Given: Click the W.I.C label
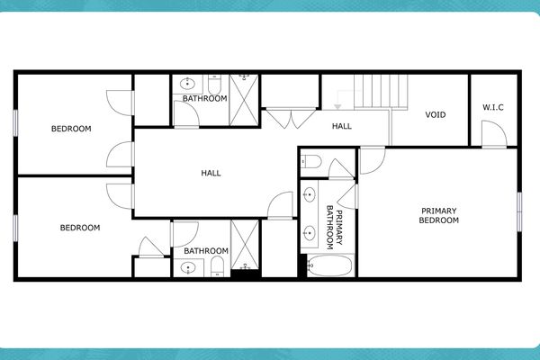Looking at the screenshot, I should [492, 108].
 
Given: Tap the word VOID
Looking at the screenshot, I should [436, 114].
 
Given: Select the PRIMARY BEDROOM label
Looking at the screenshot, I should [439, 215].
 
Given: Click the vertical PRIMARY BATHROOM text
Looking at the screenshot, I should [334, 225].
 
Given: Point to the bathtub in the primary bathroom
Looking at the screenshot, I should [329, 265].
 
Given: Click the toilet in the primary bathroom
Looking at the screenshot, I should [310, 162].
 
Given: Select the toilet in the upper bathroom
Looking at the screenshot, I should [216, 83].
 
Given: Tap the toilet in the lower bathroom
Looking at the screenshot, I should [216, 265].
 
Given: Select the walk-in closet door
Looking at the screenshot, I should [493, 137].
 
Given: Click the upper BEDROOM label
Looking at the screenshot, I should [70, 128].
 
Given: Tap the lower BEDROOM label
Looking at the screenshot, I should [80, 228].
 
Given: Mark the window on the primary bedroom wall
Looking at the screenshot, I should [519, 213].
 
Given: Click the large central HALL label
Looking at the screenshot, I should [211, 173].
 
